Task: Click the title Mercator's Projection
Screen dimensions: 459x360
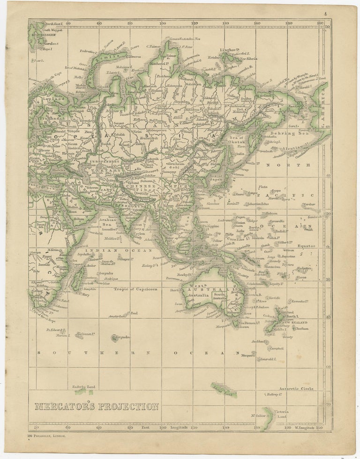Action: [97, 406]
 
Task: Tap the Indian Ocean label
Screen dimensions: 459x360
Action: [112, 250]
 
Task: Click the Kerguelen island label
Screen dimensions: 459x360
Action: [123, 337]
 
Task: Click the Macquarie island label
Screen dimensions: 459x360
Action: [248, 355]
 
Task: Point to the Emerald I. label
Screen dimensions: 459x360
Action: [269, 359]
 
